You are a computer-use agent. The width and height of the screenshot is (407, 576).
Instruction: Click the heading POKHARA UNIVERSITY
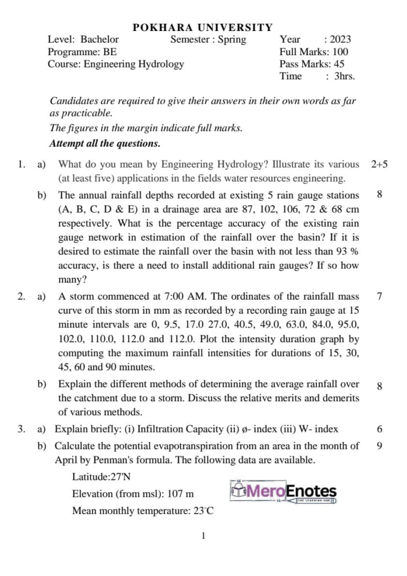coord(203,28)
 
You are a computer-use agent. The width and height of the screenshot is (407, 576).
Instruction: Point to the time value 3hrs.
coord(345,76)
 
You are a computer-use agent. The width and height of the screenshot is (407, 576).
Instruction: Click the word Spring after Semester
coord(232,39)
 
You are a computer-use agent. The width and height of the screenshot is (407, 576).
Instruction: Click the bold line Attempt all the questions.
coord(105,143)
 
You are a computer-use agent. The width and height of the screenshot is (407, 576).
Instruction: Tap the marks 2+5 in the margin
coord(379,165)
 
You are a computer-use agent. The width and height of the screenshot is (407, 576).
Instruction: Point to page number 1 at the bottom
coord(203,536)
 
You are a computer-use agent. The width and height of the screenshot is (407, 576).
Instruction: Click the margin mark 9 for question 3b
coord(379,446)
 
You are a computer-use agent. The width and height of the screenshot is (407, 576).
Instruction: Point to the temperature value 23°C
coord(203,511)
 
